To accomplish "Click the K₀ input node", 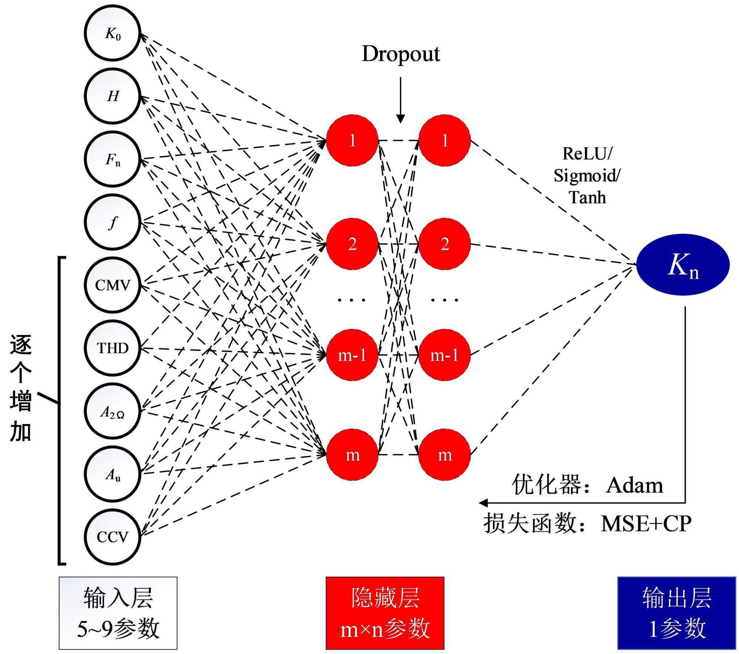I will (113, 33).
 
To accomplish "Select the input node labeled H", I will (113, 96).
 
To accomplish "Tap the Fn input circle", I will (113, 159).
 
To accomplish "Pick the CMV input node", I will (113, 285).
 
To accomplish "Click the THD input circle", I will (113, 348).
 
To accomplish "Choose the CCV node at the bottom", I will (113, 537).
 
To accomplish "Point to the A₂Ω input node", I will (113, 411).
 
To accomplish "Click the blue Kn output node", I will (683, 265).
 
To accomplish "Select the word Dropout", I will (401, 54).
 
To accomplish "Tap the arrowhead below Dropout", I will (401, 119).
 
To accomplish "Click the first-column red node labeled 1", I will (352, 140).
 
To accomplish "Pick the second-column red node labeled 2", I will (445, 244).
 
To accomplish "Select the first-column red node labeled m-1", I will (352, 355).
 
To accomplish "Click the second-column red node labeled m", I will (445, 455).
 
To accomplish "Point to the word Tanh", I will (587, 197).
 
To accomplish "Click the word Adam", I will (634, 485).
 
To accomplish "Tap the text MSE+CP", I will (646, 523).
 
